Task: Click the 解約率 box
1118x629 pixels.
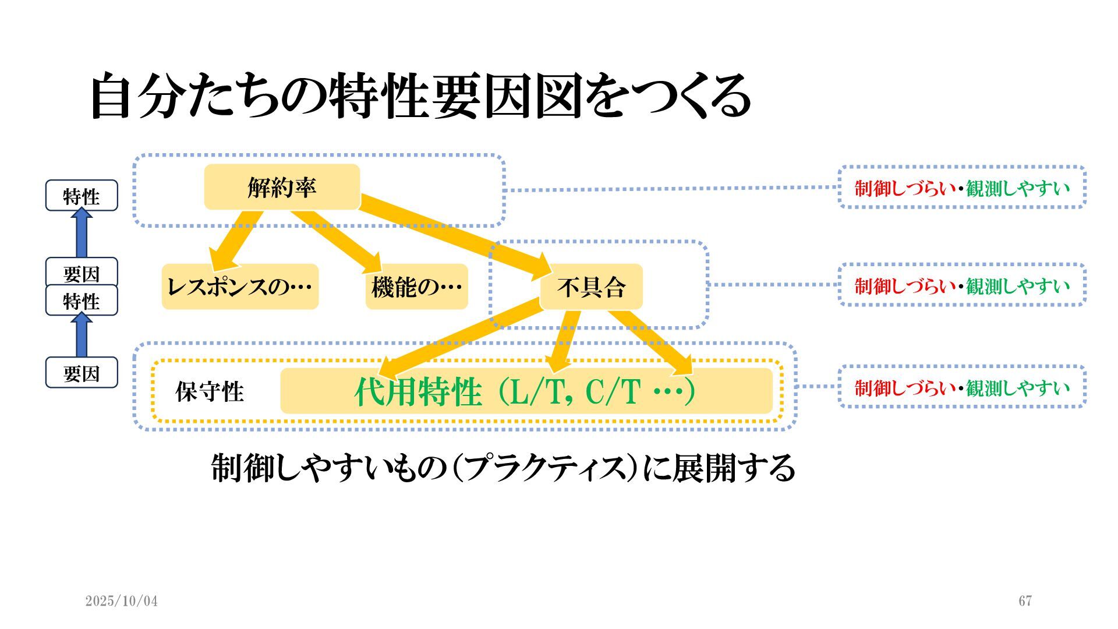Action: coord(282,187)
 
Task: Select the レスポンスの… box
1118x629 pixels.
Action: coord(240,287)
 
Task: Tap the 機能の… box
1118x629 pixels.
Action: coord(416,287)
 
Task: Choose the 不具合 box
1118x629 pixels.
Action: coord(591,287)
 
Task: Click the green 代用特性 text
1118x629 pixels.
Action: coord(418,391)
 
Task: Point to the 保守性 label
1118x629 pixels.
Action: coord(210,391)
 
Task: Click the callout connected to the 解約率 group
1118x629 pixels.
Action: coord(962,188)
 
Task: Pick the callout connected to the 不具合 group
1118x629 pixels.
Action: coord(962,285)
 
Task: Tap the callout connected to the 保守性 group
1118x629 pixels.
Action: coord(962,387)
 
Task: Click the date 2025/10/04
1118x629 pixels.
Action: coord(122,601)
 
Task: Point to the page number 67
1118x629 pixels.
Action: coord(1025,601)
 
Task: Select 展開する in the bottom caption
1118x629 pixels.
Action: coord(734,468)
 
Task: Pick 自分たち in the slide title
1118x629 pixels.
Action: coord(186,96)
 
